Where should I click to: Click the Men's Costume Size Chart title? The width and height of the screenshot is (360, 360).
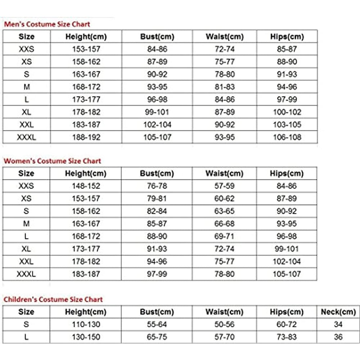click(47, 24)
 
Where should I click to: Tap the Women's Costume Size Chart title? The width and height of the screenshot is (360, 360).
click(53, 161)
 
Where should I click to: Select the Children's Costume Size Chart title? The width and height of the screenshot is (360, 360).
click(53, 300)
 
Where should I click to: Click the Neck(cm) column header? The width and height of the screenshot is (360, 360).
click(338, 312)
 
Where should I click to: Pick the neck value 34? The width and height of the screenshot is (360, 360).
click(338, 324)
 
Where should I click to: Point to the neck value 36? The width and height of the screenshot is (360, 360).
click(338, 337)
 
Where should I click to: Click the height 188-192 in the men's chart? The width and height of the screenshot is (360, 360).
click(86, 137)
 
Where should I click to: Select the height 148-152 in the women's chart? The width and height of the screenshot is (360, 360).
click(86, 186)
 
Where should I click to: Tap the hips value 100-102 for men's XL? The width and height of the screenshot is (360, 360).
click(287, 112)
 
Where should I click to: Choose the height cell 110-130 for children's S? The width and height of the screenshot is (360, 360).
click(86, 324)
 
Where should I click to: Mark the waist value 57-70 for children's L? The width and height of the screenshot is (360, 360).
click(225, 337)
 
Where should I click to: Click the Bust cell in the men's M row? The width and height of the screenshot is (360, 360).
click(157, 87)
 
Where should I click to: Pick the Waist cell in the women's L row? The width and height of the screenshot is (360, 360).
click(225, 236)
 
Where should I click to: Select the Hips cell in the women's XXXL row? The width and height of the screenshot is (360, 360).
click(287, 274)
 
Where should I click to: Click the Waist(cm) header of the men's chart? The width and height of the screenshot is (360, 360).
click(225, 37)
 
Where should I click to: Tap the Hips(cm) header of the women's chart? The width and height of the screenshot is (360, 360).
click(287, 174)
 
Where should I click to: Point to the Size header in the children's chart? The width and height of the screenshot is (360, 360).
click(26, 312)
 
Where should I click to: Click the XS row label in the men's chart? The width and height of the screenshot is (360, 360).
click(26, 62)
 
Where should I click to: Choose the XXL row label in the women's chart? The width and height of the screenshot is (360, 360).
click(26, 261)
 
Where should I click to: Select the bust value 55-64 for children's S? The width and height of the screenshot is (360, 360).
click(157, 324)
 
